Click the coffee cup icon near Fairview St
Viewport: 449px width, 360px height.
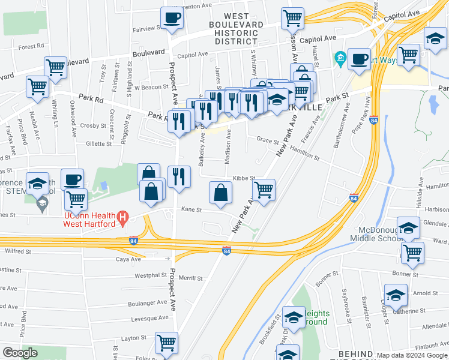click(x=172, y=18)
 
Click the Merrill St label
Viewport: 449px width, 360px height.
click(x=190, y=278)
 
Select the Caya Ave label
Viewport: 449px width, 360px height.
click(x=128, y=259)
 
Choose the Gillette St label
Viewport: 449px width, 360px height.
click(x=99, y=144)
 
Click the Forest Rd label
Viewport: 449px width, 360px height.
click(x=32, y=46)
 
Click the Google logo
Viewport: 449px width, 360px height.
click(x=20, y=353)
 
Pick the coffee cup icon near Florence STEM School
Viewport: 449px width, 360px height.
click(x=73, y=179)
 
